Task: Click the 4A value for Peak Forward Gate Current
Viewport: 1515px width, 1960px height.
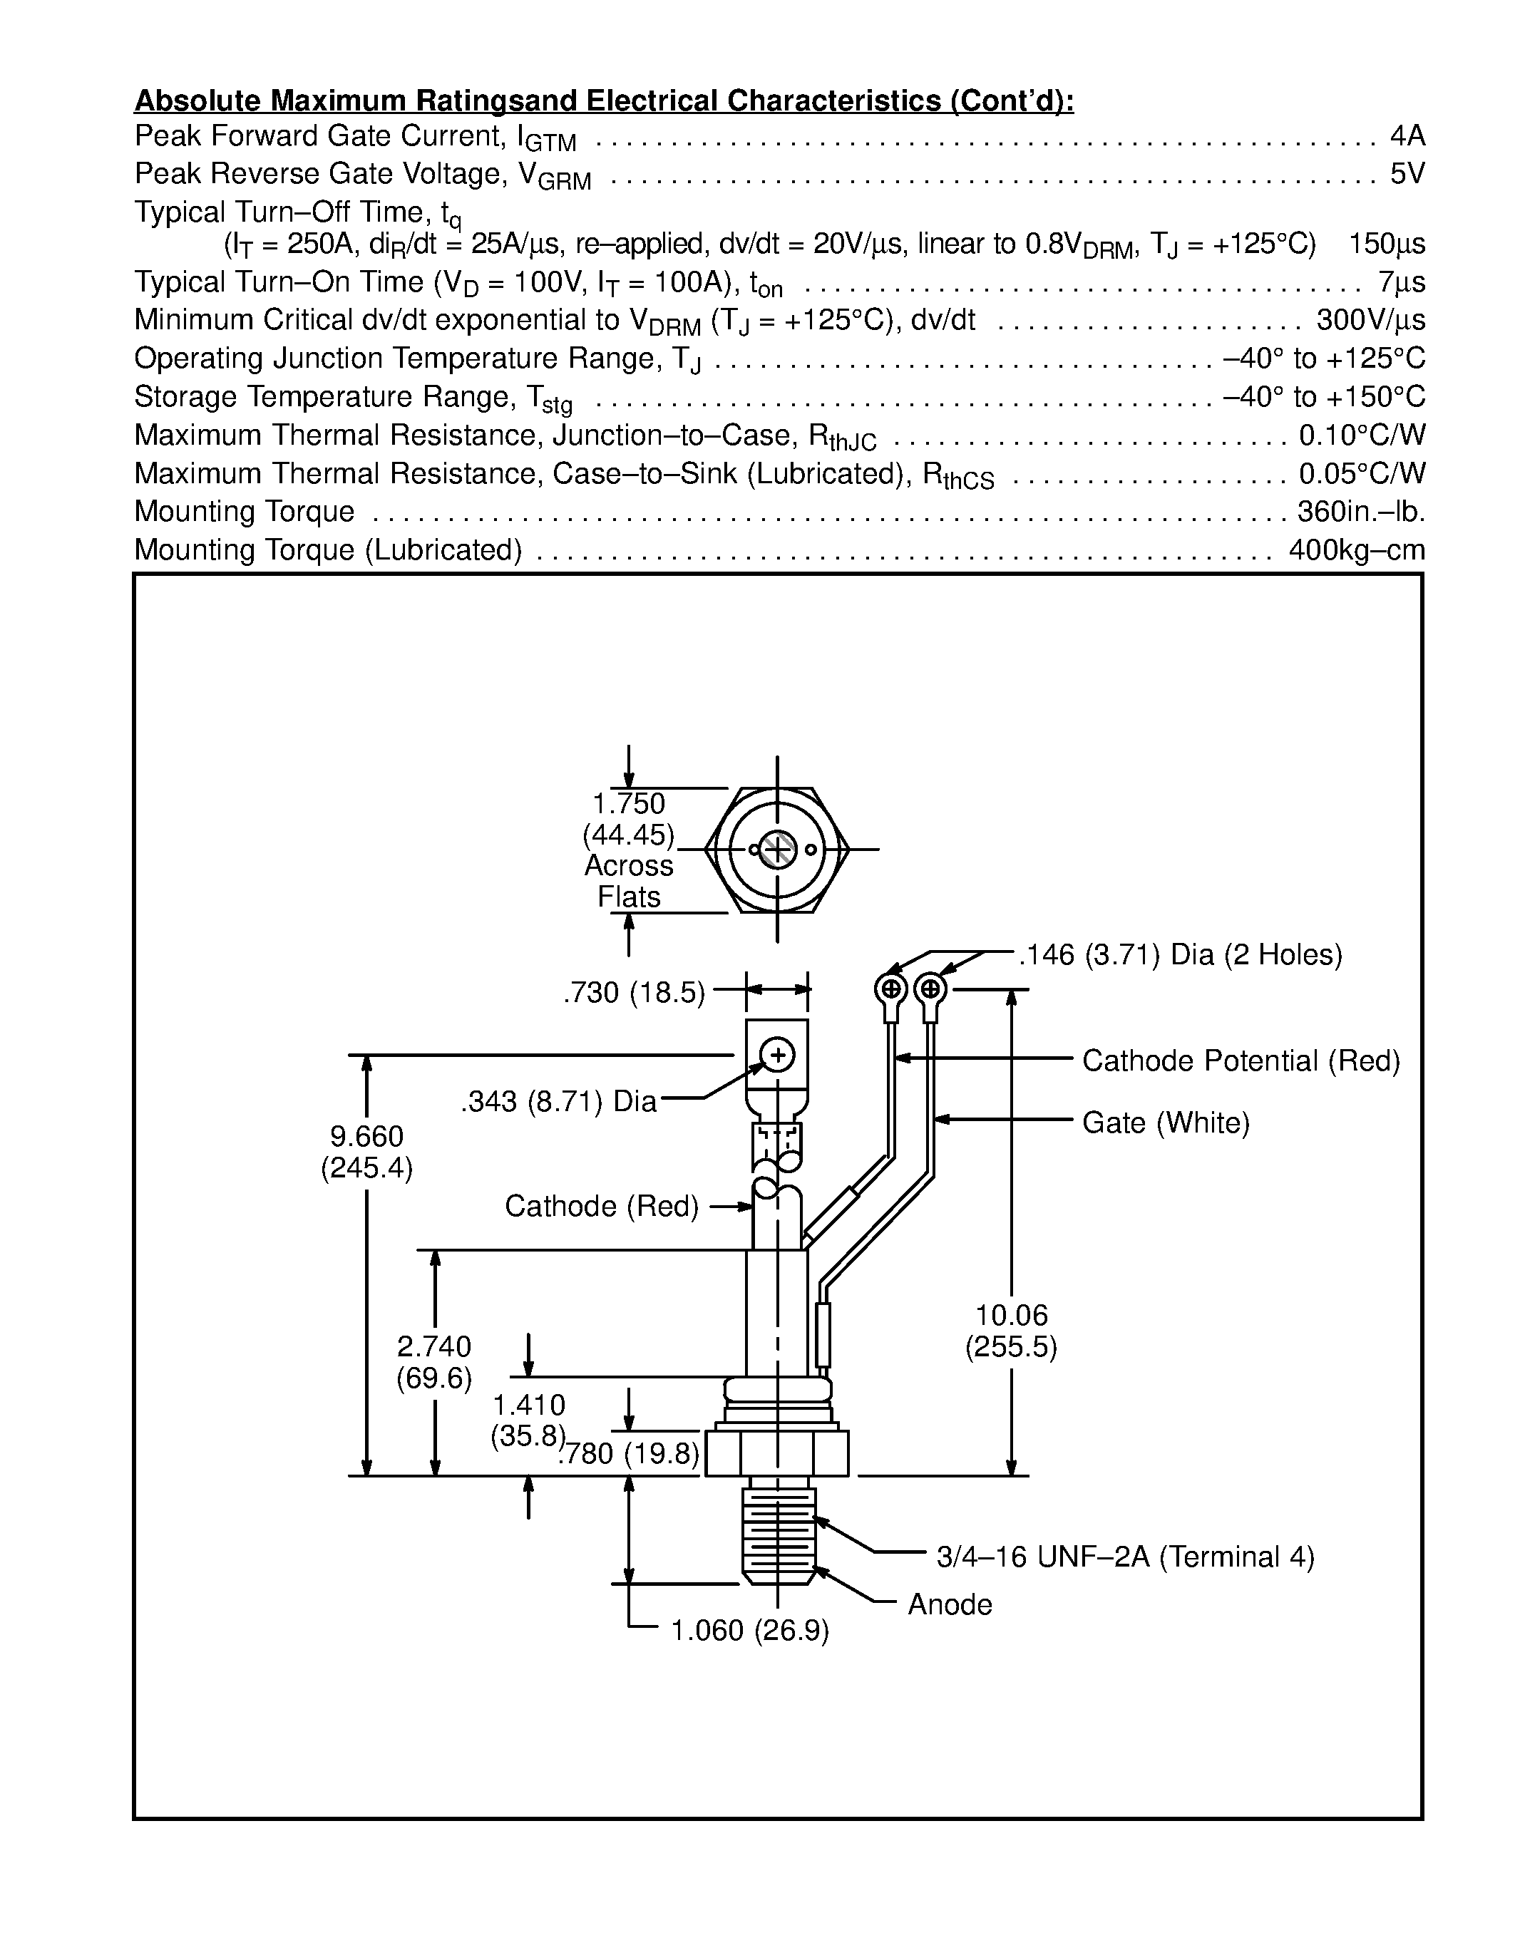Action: [x=1407, y=136]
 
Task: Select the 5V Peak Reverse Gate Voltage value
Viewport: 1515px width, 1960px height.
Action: [x=1407, y=174]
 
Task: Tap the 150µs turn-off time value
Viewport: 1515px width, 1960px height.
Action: [x=1387, y=244]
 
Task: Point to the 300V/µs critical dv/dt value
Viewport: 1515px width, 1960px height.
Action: [x=1370, y=321]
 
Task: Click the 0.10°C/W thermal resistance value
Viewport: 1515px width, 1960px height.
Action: [x=1362, y=435]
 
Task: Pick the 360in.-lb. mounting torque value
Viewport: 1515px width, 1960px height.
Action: [x=1360, y=512]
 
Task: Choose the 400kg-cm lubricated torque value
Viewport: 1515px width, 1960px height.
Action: [x=1356, y=550]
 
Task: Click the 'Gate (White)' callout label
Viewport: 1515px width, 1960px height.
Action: [x=1165, y=1123]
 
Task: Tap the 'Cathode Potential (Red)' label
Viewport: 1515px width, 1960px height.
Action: [x=1241, y=1061]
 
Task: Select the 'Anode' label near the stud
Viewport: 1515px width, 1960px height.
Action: [x=950, y=1604]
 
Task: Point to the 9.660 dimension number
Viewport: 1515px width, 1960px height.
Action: [x=366, y=1137]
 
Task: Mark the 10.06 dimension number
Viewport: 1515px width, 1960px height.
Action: [x=1012, y=1316]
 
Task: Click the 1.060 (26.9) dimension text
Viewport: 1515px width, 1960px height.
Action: [x=749, y=1631]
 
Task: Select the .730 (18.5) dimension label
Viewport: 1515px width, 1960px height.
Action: [x=634, y=994]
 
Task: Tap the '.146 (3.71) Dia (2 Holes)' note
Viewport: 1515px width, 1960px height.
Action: [x=1180, y=955]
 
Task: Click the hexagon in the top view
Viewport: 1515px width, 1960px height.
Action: [x=777, y=849]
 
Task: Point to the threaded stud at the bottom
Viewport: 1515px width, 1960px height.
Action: [x=778, y=1535]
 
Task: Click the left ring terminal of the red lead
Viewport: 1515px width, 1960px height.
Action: [x=890, y=991]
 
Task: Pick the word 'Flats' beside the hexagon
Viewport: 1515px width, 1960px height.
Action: [x=628, y=897]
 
